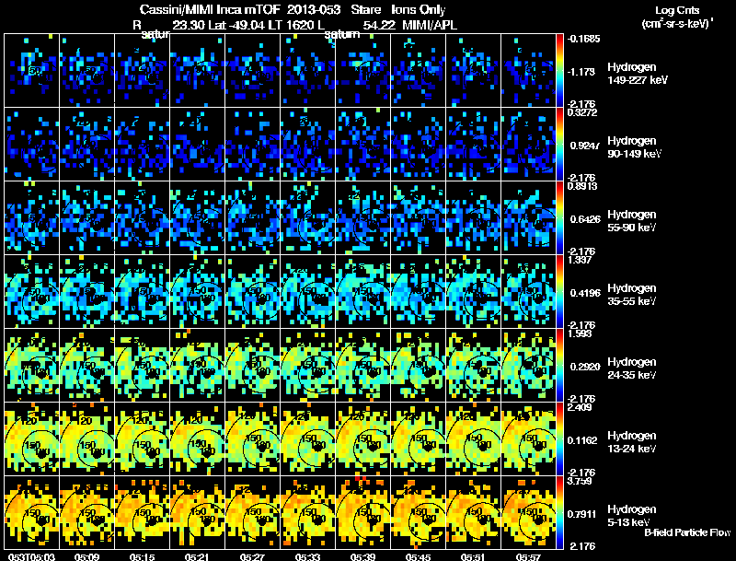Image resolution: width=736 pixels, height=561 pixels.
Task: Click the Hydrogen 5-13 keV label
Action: tap(633, 514)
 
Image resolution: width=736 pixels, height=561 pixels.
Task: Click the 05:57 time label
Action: tap(528, 555)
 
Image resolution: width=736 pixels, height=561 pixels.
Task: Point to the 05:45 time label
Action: tap(418, 555)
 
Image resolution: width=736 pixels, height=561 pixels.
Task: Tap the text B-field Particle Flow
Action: tap(686, 532)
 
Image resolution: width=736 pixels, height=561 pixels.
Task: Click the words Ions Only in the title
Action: tap(417, 9)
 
